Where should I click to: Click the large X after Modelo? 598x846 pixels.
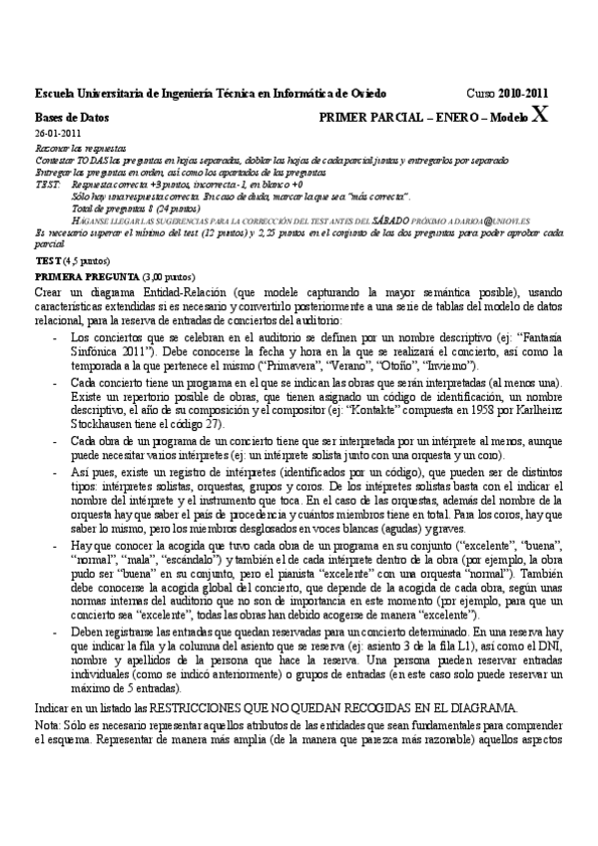[x=540, y=114]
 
